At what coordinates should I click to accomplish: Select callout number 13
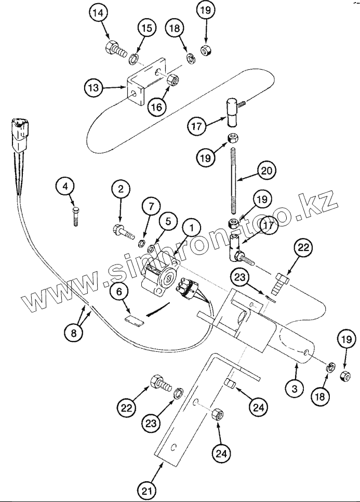click(x=94, y=88)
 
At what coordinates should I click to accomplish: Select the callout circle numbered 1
click(x=192, y=228)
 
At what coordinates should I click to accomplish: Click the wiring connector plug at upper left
click(x=19, y=131)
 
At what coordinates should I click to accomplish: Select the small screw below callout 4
click(x=76, y=216)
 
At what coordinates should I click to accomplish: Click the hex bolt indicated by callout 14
click(x=116, y=51)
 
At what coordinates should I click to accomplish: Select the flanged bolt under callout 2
click(x=123, y=229)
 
